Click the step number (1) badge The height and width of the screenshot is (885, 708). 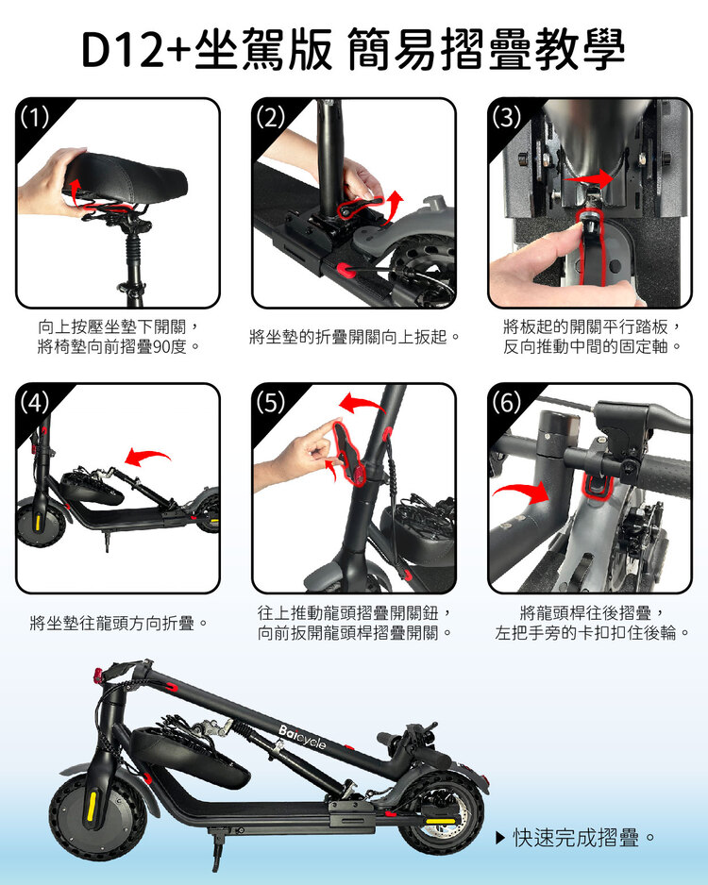(x=34, y=117)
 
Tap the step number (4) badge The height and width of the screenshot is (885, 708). (x=34, y=403)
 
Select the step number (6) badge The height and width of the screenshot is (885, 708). (x=506, y=403)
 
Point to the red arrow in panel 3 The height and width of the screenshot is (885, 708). (x=588, y=178)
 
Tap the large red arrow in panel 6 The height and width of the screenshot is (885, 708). (x=522, y=493)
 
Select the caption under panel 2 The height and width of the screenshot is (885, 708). (x=354, y=337)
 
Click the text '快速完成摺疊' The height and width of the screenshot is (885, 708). (x=576, y=838)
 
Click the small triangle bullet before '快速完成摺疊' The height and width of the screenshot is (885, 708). (x=499, y=838)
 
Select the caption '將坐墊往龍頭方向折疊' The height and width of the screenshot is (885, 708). (x=119, y=623)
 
